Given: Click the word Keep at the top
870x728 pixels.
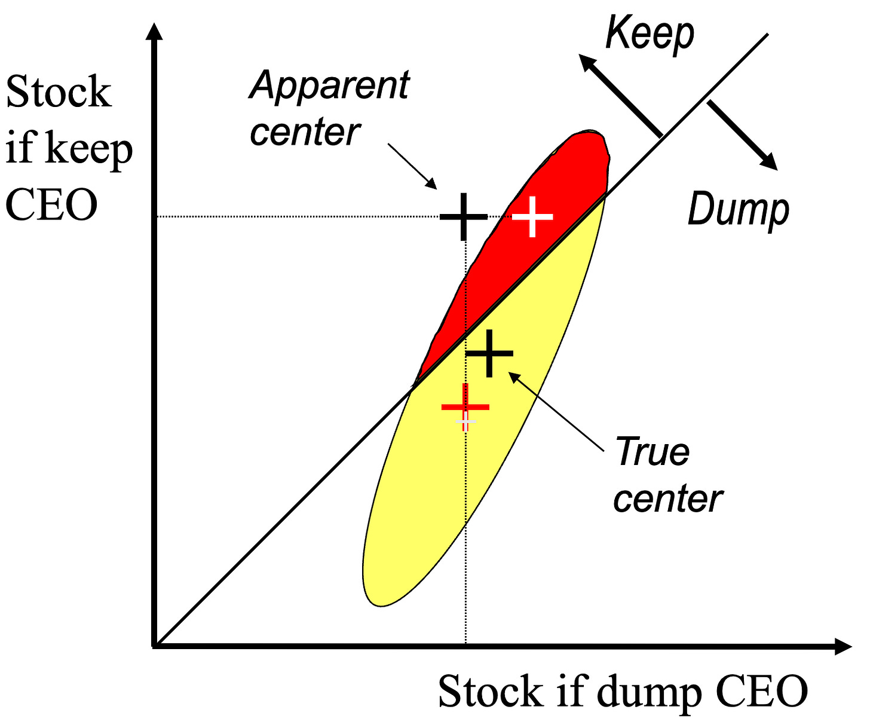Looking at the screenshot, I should pos(650,35).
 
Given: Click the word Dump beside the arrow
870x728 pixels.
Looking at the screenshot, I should pos(739,210).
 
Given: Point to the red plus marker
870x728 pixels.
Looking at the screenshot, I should pos(465,407).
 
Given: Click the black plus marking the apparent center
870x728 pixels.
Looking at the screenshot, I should pos(464,216).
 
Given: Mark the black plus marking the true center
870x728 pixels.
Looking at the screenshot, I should pos(489,353).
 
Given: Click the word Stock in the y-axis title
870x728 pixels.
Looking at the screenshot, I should pos(59,93).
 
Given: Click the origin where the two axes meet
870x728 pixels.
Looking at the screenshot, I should pos(156,646).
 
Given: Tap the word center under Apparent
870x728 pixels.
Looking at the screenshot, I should pos(305,133).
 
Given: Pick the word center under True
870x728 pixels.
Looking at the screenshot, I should pos(668,499).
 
